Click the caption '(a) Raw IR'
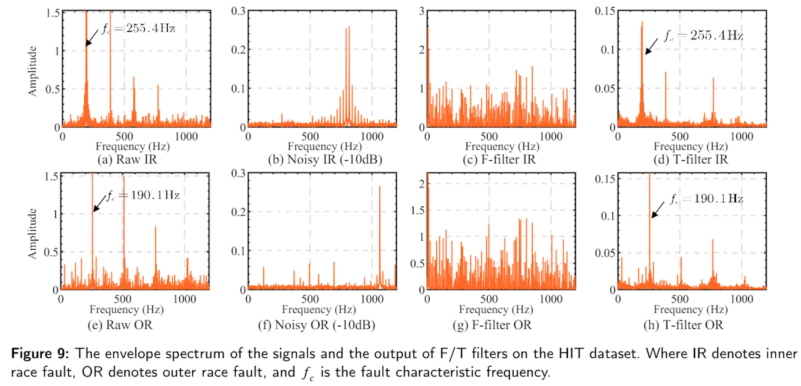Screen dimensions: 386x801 click(x=127, y=160)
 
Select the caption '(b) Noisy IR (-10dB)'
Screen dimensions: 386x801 click(x=325, y=160)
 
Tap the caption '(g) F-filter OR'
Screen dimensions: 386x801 click(x=492, y=325)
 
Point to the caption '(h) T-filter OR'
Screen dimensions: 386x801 click(x=684, y=325)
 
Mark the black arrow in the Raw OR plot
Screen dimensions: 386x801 click(x=99, y=204)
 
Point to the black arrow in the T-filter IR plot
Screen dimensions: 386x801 click(x=651, y=47)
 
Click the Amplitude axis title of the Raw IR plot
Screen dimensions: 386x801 click(x=32, y=71)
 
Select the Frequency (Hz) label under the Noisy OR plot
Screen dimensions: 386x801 click(x=319, y=309)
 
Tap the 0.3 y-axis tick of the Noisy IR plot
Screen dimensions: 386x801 click(x=238, y=11)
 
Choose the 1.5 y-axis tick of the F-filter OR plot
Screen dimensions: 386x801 click(x=417, y=211)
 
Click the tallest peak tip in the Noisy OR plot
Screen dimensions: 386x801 click(x=380, y=187)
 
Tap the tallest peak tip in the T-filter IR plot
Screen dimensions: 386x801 click(x=642, y=22)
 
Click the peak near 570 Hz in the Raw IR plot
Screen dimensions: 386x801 click(x=134, y=77)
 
